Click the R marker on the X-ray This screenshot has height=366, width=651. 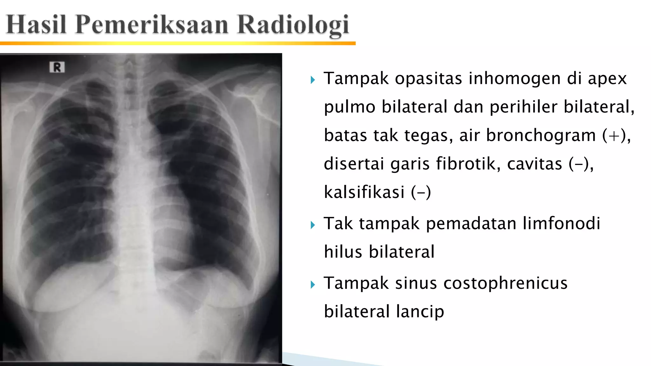(57, 67)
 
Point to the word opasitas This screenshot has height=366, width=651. (428, 79)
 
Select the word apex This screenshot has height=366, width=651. (607, 79)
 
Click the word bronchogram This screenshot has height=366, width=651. (541, 135)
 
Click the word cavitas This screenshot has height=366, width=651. (534, 164)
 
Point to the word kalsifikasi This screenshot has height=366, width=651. (364, 192)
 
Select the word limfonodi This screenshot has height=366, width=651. (561, 223)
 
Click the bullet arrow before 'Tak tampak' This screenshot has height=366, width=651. (313, 225)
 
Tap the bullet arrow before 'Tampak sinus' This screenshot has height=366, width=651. (313, 285)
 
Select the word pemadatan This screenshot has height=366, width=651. (471, 224)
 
